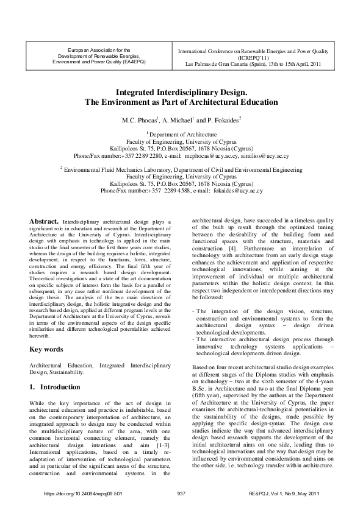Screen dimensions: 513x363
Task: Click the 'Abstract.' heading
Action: click(45, 222)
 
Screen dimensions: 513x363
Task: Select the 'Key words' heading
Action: click(46, 349)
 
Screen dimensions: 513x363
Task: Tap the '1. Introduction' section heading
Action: click(55, 387)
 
